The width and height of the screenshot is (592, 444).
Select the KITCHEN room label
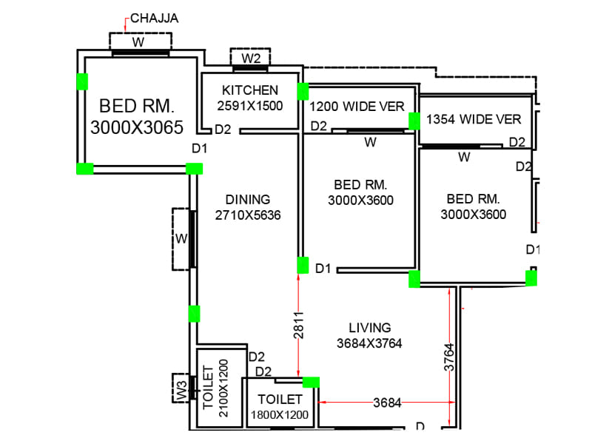(250, 90)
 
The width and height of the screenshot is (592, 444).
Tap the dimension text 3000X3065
(136, 127)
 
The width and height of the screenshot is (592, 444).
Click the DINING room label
(248, 200)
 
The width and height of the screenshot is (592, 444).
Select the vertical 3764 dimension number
(449, 358)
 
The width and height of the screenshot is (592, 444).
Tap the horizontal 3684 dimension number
(386, 403)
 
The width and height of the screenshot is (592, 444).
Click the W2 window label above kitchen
(252, 58)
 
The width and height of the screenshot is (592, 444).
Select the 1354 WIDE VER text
(474, 119)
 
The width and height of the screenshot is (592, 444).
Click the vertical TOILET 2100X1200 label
(215, 392)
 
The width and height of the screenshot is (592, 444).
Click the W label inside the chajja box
(138, 42)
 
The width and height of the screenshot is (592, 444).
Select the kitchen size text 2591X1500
(250, 106)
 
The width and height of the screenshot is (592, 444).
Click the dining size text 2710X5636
(248, 215)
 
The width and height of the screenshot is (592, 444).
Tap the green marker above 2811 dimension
(303, 265)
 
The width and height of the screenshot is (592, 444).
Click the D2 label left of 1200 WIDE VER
(319, 127)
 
